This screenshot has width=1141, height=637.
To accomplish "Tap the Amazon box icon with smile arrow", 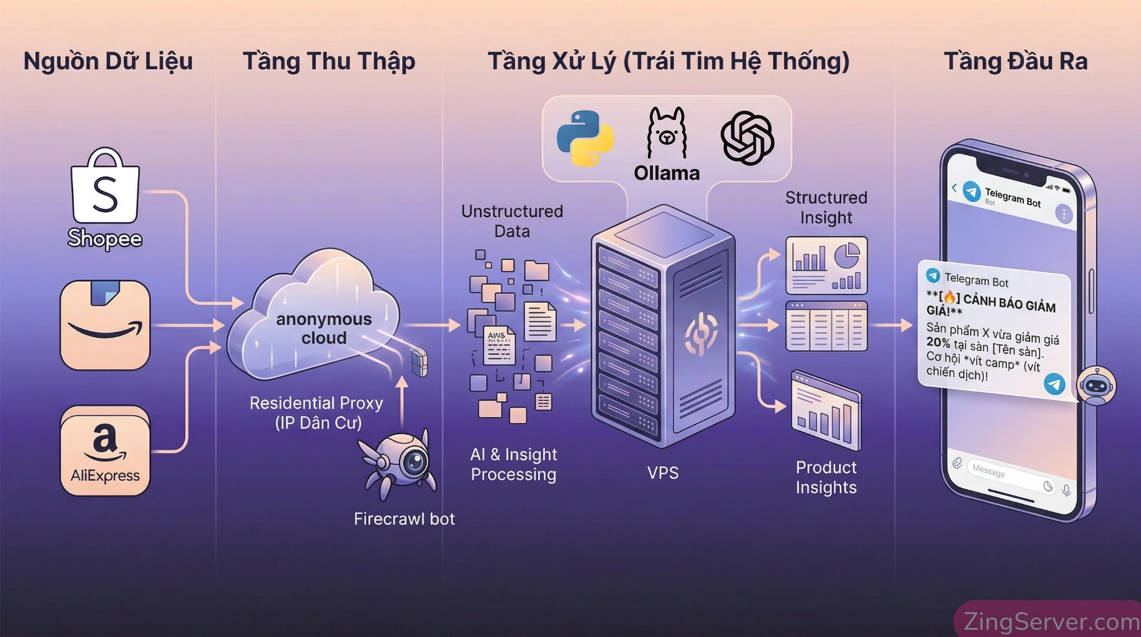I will [105, 325].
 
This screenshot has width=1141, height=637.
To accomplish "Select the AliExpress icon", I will [105, 450].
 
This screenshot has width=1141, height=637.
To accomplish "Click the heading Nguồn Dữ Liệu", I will [108, 61].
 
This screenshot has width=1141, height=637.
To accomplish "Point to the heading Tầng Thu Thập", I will [329, 61].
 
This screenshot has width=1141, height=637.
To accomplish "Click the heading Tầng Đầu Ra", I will [1015, 61].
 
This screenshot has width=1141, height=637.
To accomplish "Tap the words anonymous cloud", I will [324, 328].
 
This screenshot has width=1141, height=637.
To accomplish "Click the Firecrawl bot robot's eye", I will [415, 461].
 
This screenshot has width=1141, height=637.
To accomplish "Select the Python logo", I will [585, 138].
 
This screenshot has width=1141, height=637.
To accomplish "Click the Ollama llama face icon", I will [666, 134].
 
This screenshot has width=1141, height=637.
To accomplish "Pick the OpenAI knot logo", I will [747, 138].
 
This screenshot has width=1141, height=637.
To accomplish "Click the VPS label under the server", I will [663, 473].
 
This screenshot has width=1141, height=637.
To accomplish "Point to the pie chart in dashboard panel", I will [847, 257].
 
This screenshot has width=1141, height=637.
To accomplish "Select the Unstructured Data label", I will [512, 221].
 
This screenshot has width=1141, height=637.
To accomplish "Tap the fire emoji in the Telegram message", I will [949, 297].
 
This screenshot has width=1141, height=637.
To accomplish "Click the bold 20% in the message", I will [938, 342].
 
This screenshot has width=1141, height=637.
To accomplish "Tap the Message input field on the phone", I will [1003, 473].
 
